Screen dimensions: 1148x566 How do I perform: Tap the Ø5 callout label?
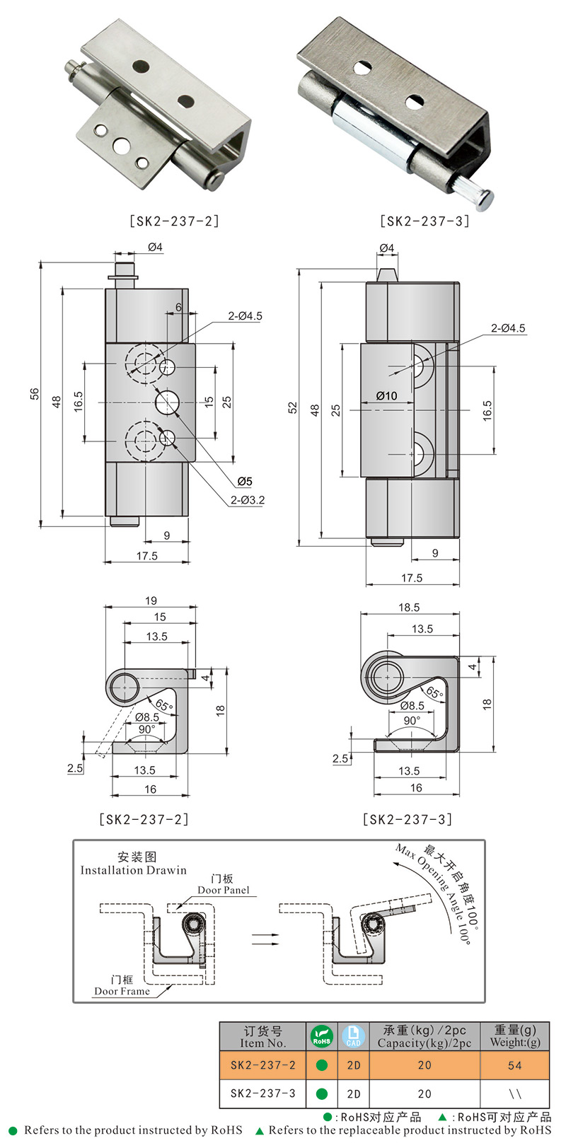245,481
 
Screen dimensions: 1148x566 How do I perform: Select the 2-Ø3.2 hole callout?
247,500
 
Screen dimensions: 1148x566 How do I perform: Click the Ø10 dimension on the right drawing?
386,396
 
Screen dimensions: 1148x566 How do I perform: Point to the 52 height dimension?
292,408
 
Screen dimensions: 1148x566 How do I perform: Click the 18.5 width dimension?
408,607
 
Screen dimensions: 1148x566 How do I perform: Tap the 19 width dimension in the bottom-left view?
151,601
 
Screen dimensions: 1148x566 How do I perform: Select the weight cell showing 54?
514,1065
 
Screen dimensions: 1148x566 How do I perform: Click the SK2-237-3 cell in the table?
262,1094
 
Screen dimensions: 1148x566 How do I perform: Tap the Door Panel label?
224,891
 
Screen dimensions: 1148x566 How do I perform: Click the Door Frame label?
122,992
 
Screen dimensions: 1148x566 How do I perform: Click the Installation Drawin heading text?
133,871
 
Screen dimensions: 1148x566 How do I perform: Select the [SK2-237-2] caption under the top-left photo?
174,221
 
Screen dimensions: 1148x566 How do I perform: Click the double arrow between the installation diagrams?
265,939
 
